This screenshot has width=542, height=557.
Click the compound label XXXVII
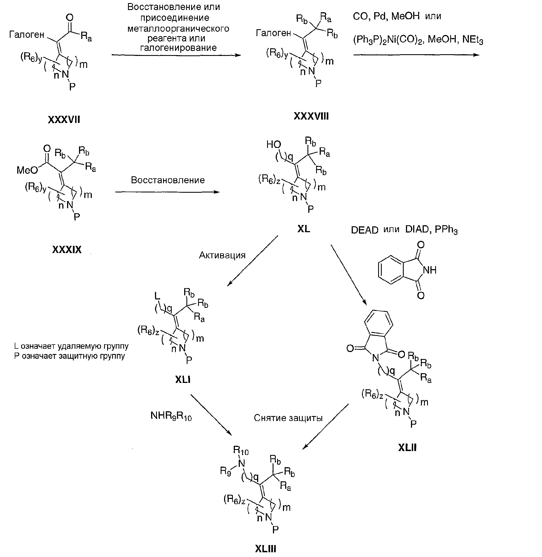pos(64,120)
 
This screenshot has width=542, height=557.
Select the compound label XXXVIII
pos(311,116)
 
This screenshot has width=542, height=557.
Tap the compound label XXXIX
pos(67,249)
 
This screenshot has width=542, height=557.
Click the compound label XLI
pos(183,380)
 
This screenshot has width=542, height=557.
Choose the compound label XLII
pos(407,448)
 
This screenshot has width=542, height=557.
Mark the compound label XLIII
pos(265,548)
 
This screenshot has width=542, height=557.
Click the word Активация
pos(222,255)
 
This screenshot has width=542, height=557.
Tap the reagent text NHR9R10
pos(171,416)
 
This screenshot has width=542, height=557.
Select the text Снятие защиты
pos(288,418)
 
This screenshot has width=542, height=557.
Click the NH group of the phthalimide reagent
pos(430,270)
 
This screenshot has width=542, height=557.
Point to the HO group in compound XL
pos(274,145)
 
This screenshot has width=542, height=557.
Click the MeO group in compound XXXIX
pos(27,170)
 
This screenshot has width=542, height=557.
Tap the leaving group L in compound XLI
pos(157,296)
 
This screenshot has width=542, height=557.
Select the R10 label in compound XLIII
pos(241,450)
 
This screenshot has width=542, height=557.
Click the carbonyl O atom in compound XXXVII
pos(70,18)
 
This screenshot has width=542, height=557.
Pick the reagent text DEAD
pos(364,230)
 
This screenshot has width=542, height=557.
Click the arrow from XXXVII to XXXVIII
pos(176,55)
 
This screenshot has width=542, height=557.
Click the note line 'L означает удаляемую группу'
pos(72,346)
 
